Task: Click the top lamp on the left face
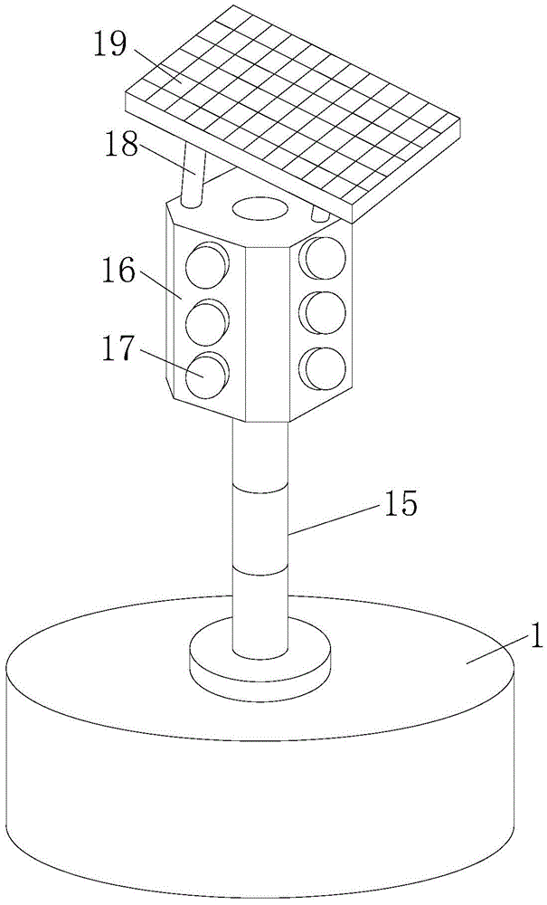pyautogui.click(x=206, y=263)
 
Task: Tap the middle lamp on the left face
pyautogui.click(x=206, y=319)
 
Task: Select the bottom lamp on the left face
pyautogui.click(x=206, y=375)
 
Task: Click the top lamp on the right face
pyautogui.click(x=324, y=260)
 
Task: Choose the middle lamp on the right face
pyautogui.click(x=324, y=313)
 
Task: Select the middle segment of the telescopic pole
pyautogui.click(x=260, y=529)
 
